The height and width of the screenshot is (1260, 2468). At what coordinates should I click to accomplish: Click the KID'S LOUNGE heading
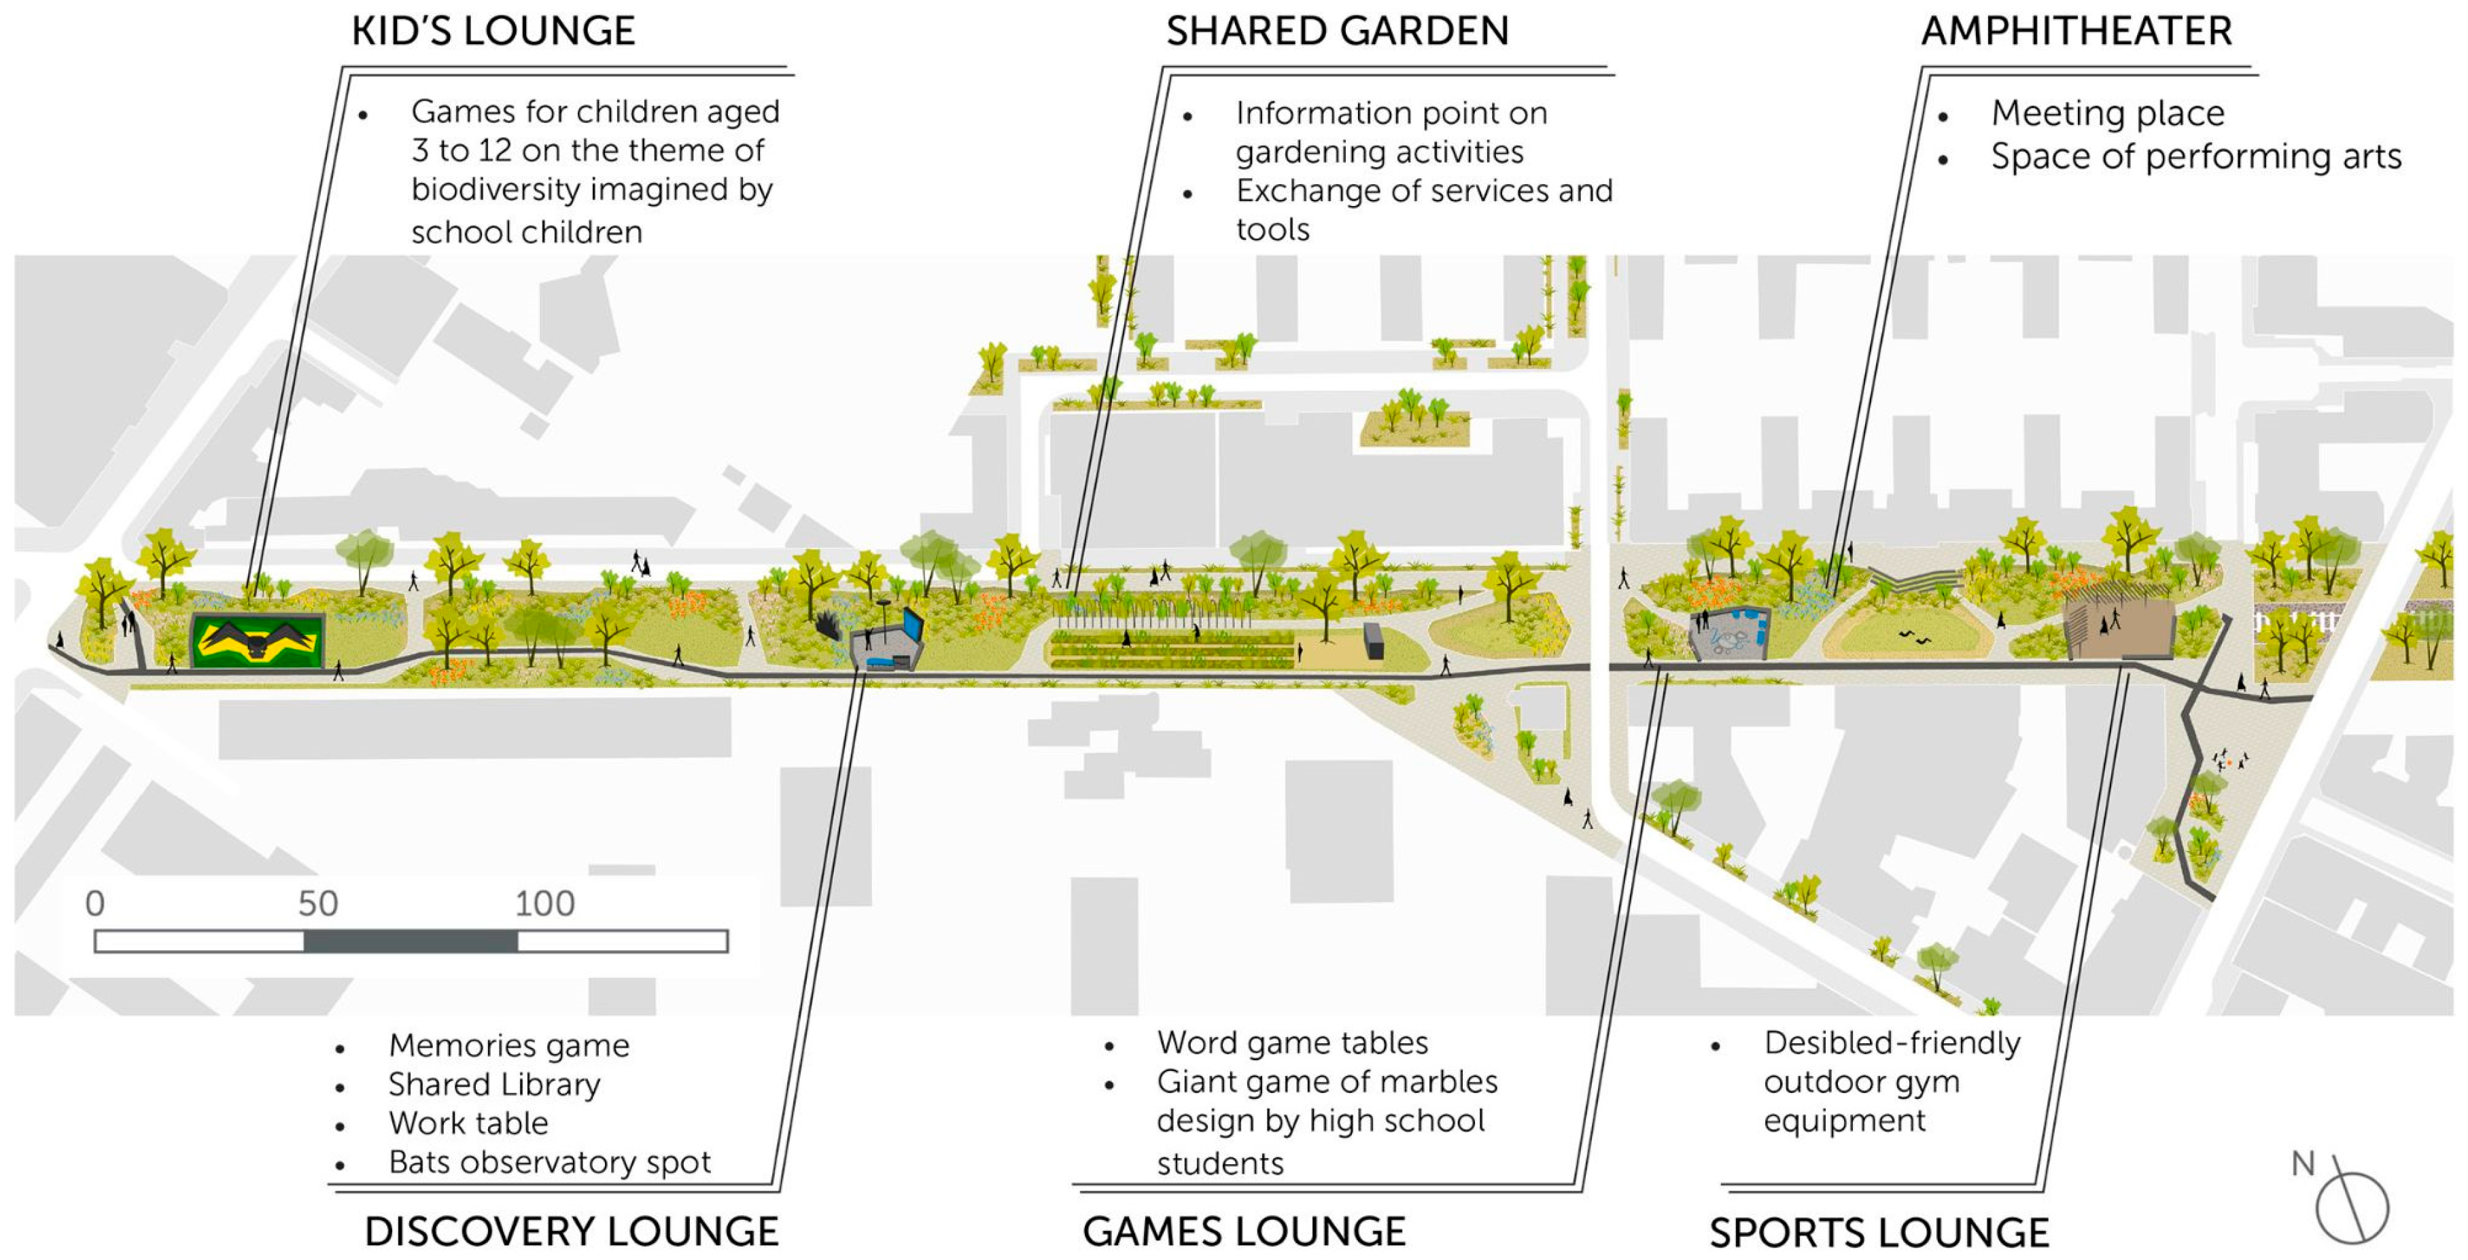click(493, 32)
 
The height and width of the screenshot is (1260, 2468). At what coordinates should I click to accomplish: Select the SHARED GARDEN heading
click(1336, 32)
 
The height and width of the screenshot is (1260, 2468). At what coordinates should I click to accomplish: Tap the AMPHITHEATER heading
click(2076, 32)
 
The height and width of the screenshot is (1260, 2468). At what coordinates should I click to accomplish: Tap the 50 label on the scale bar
click(317, 904)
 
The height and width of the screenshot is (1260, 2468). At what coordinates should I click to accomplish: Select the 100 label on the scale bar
click(544, 904)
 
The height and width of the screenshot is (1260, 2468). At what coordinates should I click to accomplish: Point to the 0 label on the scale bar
click(95, 904)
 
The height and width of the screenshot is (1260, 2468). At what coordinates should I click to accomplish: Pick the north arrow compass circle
click(2352, 1207)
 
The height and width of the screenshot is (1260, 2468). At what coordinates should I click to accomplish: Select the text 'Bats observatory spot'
click(549, 1162)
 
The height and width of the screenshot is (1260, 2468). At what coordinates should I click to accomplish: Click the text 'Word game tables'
click(1291, 1043)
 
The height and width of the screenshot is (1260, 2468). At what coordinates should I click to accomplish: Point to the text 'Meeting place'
click(2107, 113)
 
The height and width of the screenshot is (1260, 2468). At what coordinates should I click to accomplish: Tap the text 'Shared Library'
click(494, 1085)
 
